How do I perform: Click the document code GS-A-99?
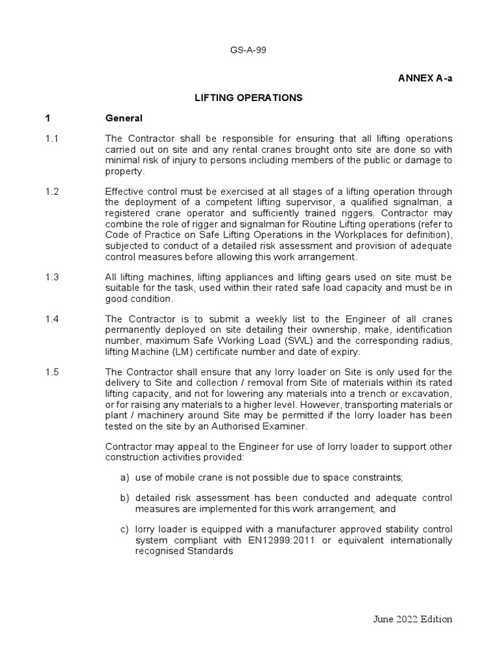tap(248, 52)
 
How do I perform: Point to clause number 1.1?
tap(52, 139)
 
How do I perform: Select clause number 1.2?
tap(52, 191)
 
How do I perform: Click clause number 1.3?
tap(52, 277)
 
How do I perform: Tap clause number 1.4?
tap(52, 319)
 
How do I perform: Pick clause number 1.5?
tap(52, 372)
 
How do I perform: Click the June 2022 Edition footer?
tap(412, 619)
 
